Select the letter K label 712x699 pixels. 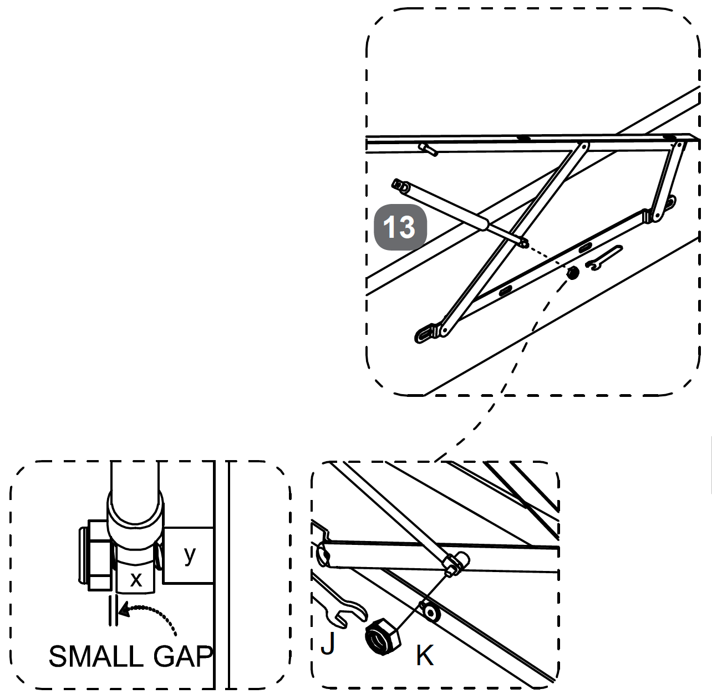424,655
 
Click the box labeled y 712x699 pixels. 190,555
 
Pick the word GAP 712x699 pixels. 182,657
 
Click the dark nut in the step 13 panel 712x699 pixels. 572,272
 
